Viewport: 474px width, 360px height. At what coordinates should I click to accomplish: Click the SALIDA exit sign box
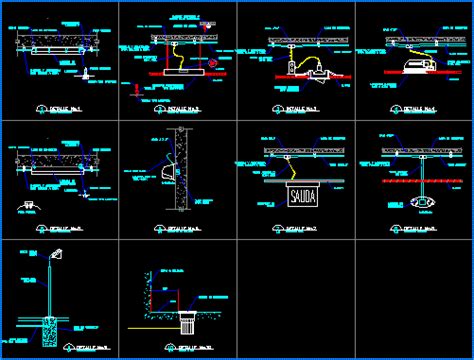(302, 196)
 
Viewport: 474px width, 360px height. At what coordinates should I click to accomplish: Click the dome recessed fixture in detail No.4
(412, 66)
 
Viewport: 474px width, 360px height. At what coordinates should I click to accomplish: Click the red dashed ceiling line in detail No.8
(412, 183)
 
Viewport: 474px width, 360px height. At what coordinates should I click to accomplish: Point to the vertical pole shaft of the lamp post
(49, 290)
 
